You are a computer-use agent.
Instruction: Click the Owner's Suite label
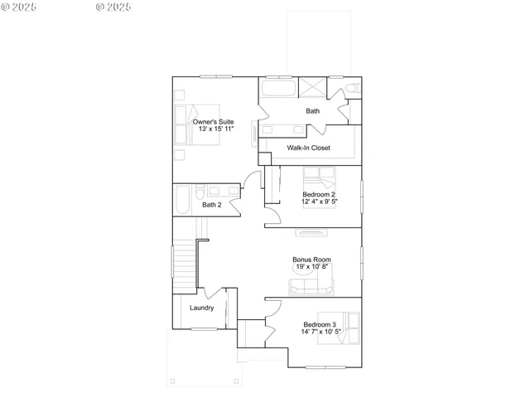pyautogui.click(x=214, y=122)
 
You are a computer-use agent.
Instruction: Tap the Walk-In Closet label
pyautogui.click(x=309, y=148)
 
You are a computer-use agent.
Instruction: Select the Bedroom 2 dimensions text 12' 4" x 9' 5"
pyautogui.click(x=320, y=201)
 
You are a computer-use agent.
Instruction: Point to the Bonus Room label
pyautogui.click(x=312, y=259)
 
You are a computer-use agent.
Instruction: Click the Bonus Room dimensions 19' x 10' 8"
pyautogui.click(x=312, y=266)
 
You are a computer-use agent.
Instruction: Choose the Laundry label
pyautogui.click(x=202, y=308)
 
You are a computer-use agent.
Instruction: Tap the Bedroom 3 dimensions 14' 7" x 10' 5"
pyautogui.click(x=320, y=332)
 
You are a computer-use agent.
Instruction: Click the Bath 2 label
pyautogui.click(x=212, y=205)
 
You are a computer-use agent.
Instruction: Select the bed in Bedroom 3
pyautogui.click(x=349, y=327)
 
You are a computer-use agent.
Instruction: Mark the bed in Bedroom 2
pyautogui.click(x=319, y=179)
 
